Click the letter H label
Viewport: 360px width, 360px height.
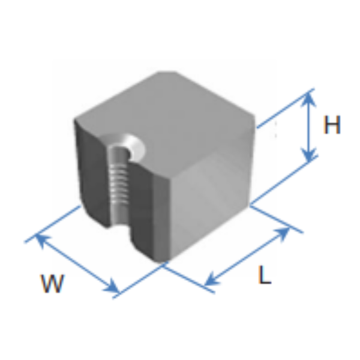pos(332,125)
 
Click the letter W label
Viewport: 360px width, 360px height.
pos(52,283)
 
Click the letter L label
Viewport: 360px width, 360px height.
pos(265,275)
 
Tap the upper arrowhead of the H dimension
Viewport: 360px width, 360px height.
pos(309,99)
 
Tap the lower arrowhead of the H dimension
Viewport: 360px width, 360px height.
pos(309,154)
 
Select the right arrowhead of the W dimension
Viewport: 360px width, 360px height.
pos(112,286)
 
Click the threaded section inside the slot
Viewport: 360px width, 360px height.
pos(118,184)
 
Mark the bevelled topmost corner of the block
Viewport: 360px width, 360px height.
pos(167,73)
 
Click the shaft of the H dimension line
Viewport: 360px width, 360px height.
pos(309,127)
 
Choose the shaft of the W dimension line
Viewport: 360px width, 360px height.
pos(77,263)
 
